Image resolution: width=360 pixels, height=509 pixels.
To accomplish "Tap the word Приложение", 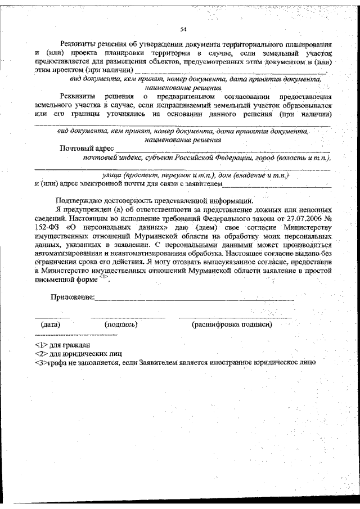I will (73, 296).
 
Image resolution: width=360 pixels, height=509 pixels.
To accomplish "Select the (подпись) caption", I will (121, 325).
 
